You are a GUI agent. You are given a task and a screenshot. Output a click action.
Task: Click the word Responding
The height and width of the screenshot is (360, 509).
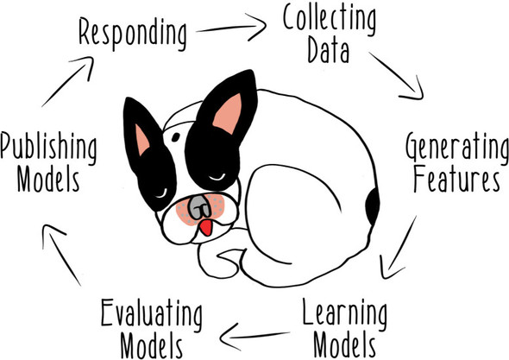point(133,33)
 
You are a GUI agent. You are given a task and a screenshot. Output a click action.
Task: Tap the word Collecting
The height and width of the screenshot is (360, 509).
point(330,20)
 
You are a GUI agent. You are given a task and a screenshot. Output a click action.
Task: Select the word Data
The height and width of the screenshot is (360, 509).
point(328,50)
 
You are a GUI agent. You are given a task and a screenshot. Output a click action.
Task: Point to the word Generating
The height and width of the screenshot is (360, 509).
point(457,148)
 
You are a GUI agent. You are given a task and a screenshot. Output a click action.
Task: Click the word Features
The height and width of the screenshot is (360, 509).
point(456,179)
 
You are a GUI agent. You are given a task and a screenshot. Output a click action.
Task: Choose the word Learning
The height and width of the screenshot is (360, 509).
point(345,313)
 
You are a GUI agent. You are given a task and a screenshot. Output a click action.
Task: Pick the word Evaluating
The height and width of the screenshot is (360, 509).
point(152,315)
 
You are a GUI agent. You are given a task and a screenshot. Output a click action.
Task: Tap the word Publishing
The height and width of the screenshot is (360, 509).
point(48,149)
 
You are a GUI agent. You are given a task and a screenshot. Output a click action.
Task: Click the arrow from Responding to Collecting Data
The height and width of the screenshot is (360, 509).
point(231,28)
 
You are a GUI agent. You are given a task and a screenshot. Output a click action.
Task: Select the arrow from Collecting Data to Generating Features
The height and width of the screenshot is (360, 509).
point(397,75)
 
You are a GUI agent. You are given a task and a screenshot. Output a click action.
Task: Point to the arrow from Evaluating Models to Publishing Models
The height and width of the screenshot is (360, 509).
point(60,254)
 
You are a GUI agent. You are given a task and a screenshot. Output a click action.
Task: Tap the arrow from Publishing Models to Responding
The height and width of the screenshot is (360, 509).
point(68,81)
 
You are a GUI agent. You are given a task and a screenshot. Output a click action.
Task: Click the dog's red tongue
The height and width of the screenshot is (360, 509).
point(206,227)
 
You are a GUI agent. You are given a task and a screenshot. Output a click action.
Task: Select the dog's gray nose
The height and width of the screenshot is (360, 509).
point(199,207)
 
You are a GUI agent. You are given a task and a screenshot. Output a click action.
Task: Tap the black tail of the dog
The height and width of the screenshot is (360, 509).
point(373,206)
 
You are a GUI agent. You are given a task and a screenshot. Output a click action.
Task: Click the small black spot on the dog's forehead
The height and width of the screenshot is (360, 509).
point(176,137)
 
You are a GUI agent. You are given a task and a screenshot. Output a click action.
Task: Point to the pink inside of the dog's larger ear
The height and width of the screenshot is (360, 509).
point(229,114)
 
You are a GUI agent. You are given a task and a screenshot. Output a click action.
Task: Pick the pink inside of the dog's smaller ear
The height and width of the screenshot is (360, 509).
point(141,140)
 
